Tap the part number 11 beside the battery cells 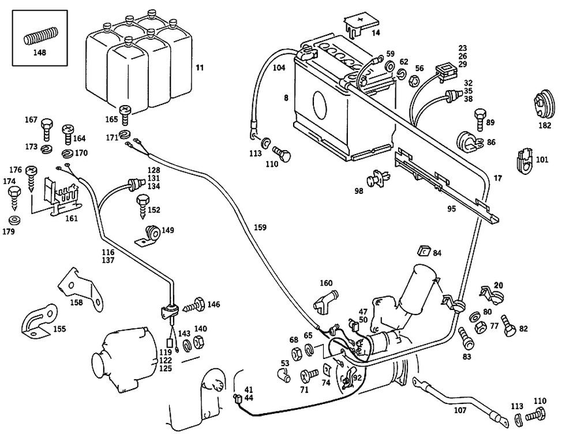199,68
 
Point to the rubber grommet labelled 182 543,104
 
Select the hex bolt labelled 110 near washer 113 283,155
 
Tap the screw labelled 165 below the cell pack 125,113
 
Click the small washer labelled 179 14,220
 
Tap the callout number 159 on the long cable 260,228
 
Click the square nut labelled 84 422,250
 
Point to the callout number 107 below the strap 459,411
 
